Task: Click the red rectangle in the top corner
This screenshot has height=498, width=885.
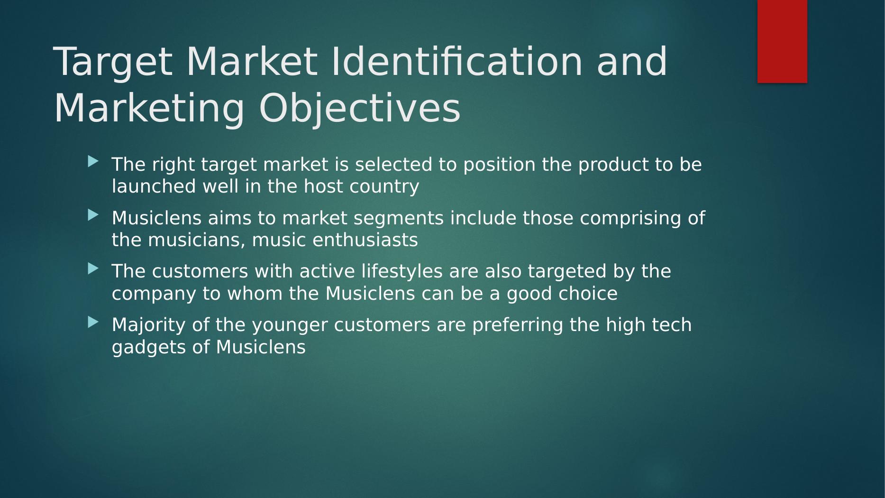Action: click(782, 41)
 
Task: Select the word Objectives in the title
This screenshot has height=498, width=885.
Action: click(359, 109)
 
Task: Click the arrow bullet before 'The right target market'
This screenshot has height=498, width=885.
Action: click(93, 162)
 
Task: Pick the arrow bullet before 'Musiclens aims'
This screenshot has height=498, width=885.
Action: click(93, 215)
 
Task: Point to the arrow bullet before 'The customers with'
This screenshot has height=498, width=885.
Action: click(93, 268)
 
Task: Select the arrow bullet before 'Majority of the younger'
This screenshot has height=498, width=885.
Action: click(93, 322)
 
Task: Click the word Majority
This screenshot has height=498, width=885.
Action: click(161, 325)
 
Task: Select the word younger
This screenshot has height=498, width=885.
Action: click(290, 326)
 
